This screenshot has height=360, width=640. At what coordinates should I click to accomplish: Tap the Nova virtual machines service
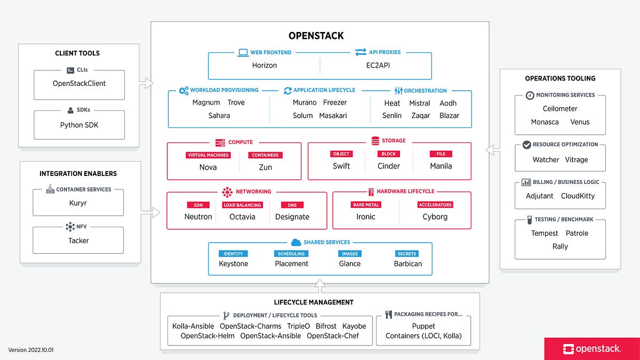pyautogui.click(x=207, y=167)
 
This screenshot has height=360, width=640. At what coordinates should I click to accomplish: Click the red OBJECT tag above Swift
pyautogui.click(x=341, y=154)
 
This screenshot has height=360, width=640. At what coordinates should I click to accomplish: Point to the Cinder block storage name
pyautogui.click(x=388, y=166)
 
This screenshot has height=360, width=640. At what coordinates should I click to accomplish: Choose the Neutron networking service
pyautogui.click(x=198, y=217)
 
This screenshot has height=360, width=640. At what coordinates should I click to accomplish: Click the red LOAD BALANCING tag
pyautogui.click(x=242, y=205)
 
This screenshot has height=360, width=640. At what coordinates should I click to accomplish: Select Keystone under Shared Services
pyautogui.click(x=233, y=263)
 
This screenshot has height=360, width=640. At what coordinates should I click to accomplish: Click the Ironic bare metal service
pyautogui.click(x=365, y=217)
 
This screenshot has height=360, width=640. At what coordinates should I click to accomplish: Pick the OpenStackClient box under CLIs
pyautogui.click(x=79, y=84)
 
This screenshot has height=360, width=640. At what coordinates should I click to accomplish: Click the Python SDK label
pyautogui.click(x=79, y=125)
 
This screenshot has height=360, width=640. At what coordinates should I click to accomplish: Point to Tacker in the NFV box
pyautogui.click(x=78, y=241)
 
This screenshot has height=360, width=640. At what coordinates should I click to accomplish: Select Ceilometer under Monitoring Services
pyautogui.click(x=560, y=108)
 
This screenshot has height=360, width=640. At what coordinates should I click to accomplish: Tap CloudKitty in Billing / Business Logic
pyautogui.click(x=578, y=196)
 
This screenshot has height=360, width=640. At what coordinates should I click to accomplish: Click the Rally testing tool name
pyautogui.click(x=560, y=246)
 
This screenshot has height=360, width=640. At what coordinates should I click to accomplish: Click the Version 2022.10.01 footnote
pyautogui.click(x=31, y=350)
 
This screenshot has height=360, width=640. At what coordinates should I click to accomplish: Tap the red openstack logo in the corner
pyautogui.click(x=592, y=348)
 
